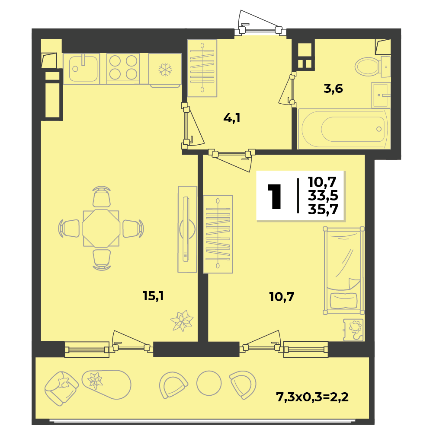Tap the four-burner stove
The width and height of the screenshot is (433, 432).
123,68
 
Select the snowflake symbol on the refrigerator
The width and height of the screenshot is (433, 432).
165,70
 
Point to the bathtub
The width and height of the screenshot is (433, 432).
344,129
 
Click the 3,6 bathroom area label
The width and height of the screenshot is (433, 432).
334,89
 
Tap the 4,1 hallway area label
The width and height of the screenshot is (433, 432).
232,118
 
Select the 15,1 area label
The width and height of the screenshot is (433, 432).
153,296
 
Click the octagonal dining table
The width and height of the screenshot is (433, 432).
101,229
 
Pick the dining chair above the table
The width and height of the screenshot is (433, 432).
102,197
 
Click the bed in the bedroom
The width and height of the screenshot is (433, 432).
343,270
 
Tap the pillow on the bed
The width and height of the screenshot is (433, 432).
344,301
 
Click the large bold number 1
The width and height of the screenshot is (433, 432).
274,197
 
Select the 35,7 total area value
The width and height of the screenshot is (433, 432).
323,210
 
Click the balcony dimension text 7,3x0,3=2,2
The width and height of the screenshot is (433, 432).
312,397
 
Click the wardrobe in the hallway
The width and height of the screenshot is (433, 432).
202,68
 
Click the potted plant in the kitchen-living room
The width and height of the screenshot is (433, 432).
182,321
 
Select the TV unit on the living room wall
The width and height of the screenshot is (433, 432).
187,229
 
